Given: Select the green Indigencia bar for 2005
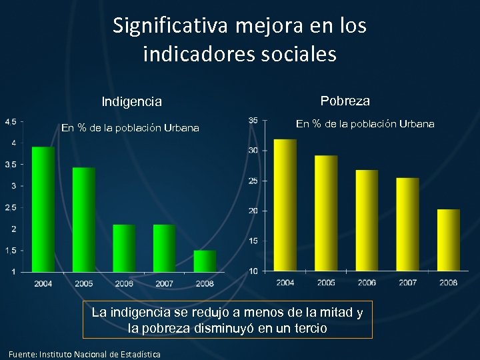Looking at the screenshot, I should point(84,219).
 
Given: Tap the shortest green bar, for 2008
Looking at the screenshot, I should point(205,261).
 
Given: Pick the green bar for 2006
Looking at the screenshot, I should point(124,248).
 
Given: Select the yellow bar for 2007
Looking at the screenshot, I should point(407,224).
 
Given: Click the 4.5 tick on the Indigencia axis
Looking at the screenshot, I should point(11,121).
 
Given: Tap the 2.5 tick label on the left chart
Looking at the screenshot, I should point(11,207).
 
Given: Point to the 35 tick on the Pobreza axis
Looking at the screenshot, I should point(253,120).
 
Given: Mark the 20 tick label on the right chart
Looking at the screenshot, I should point(254,211).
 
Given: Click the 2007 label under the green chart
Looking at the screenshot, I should point(165,283).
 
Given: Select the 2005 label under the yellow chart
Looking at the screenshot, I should point(326,282).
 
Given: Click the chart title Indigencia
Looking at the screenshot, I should point(131,102).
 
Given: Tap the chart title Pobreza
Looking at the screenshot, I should point(345,101).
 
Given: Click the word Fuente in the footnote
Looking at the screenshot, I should point(22,354).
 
